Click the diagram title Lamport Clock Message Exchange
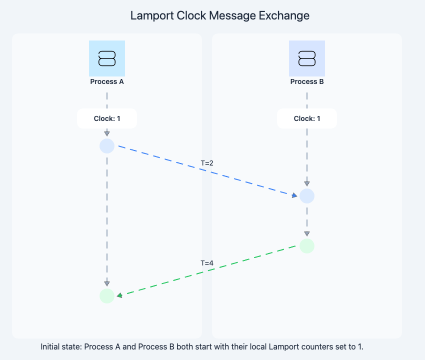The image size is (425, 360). [219, 15]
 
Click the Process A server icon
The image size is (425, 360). [107, 58]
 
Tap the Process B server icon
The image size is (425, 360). [307, 58]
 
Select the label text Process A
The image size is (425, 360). [107, 81]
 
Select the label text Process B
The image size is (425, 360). [307, 81]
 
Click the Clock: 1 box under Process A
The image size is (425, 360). [107, 118]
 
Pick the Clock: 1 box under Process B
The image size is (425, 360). [307, 118]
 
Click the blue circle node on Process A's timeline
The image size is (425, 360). [107, 146]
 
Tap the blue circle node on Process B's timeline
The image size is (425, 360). [307, 196]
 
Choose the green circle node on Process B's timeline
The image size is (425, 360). [307, 246]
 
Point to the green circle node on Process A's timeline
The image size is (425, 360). [107, 296]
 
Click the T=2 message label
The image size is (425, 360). [207, 163]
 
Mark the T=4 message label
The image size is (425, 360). [207, 263]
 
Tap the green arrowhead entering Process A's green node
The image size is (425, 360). [119, 295]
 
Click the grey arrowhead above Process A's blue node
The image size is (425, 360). [107, 133]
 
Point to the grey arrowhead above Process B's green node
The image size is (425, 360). [307, 233]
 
